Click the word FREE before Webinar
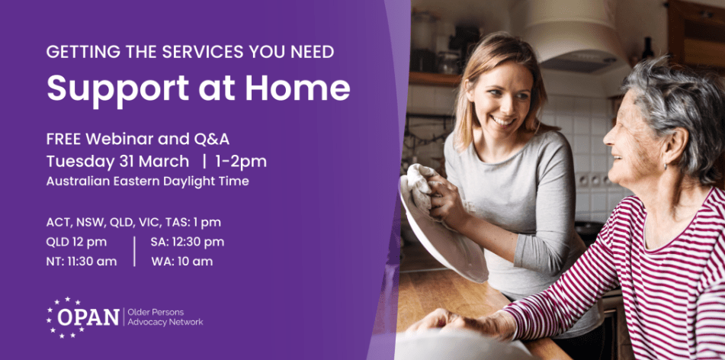point(64,140)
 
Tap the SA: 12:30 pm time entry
point(187,242)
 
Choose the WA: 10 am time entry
point(181,262)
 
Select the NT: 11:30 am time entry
point(82,262)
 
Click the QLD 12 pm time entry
point(76,242)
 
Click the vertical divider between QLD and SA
point(134,252)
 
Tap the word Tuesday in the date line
point(76,161)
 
